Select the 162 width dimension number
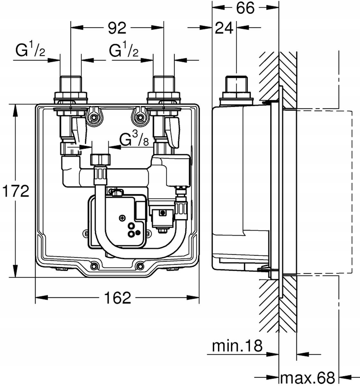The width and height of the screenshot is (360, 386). [x=118, y=356]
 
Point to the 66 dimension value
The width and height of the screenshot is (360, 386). [x=245, y=8]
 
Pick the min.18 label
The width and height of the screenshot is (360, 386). [x=237, y=345]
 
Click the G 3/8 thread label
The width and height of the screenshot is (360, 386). [x=134, y=139]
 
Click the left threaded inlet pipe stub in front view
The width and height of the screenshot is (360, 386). [x=71, y=85]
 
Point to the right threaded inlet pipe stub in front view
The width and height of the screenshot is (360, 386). [x=164, y=85]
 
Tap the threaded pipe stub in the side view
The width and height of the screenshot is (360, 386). [x=236, y=85]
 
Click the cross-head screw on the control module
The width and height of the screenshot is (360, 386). [x=122, y=218]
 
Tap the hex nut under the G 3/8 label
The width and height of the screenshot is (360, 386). [x=100, y=160]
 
